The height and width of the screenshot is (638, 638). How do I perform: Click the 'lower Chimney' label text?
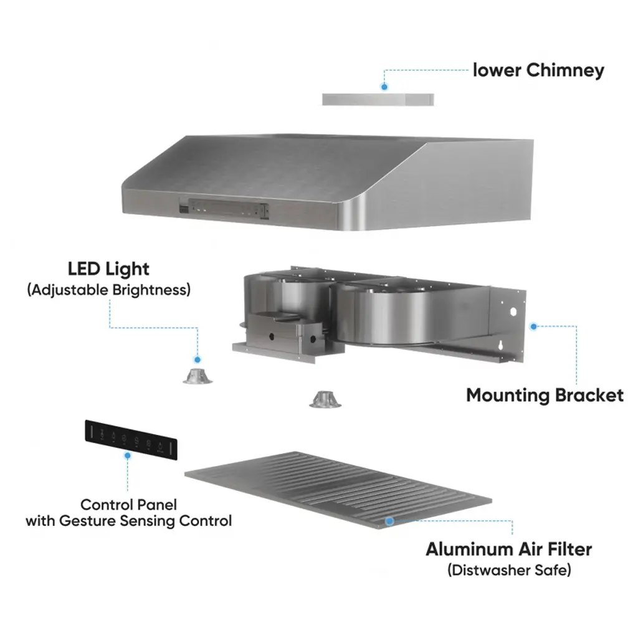tap(538, 70)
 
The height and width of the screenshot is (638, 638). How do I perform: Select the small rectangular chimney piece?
tap(378, 99)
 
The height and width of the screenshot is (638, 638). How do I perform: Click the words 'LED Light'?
tap(108, 269)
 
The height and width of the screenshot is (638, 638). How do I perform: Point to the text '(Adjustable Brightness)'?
tap(108, 290)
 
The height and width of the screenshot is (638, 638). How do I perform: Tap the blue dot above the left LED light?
tap(198, 359)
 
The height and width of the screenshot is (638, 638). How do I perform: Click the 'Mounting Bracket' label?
tap(545, 395)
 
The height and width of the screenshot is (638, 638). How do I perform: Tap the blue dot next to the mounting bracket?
tap(533, 326)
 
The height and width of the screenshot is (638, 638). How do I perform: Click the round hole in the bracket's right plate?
tap(513, 311)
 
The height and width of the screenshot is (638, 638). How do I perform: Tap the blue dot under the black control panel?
tap(128, 456)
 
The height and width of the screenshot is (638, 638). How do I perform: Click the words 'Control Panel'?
tap(129, 505)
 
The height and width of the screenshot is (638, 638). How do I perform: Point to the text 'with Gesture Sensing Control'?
tap(129, 521)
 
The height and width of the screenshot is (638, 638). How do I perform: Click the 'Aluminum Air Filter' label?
tap(508, 550)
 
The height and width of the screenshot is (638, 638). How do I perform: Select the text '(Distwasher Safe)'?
tap(508, 569)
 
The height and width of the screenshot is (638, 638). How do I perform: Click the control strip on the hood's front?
tap(225, 209)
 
